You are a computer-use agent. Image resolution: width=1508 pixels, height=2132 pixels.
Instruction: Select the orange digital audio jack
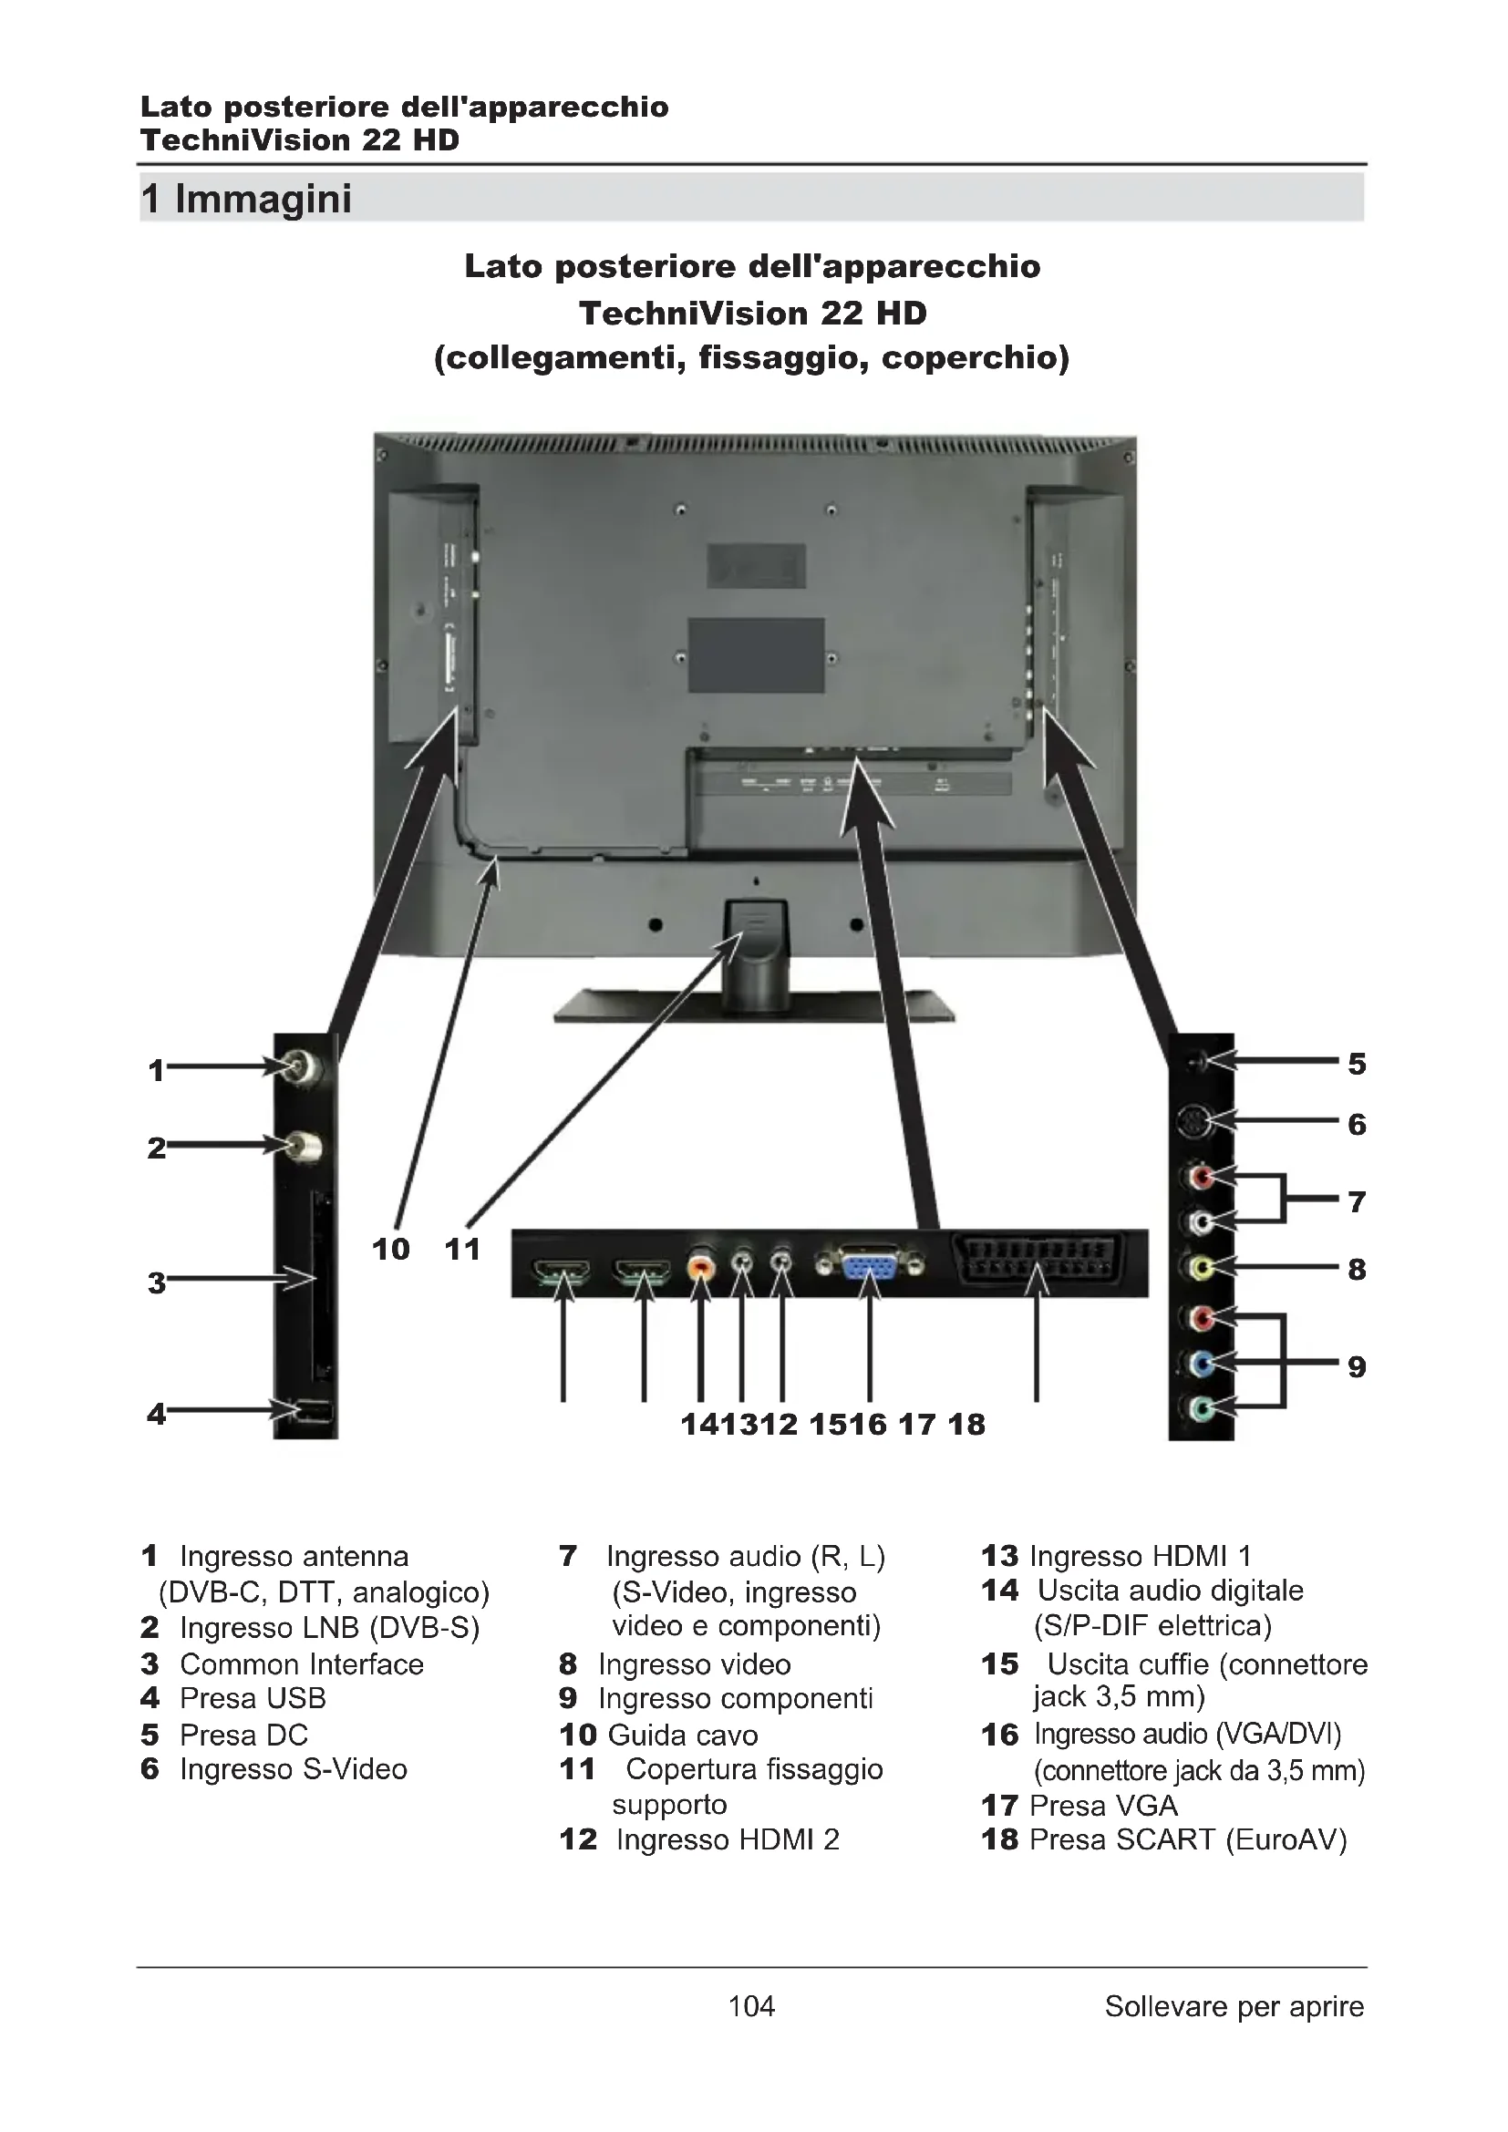[x=701, y=1265]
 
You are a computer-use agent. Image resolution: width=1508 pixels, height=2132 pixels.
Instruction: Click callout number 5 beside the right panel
[x=1357, y=1064]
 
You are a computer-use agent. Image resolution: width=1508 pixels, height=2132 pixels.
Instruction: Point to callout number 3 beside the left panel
[x=156, y=1282]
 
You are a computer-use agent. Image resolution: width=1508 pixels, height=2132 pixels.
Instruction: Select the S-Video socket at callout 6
[x=1193, y=1123]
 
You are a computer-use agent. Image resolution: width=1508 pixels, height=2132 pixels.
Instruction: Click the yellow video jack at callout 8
[x=1201, y=1267]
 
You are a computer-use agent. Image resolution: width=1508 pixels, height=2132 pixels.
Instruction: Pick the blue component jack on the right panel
[x=1201, y=1363]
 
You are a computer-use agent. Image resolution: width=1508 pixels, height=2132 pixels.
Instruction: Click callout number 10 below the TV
[x=391, y=1249]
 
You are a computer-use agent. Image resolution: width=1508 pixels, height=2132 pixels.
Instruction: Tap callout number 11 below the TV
[x=462, y=1249]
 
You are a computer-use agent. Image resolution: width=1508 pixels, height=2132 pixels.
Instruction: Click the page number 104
[x=751, y=2006]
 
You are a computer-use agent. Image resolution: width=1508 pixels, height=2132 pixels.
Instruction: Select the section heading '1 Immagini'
[x=247, y=199]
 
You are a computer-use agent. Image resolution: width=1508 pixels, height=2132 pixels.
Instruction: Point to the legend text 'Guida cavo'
[x=683, y=1735]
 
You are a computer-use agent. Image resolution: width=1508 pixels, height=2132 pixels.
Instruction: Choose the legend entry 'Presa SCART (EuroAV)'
[x=1188, y=1839]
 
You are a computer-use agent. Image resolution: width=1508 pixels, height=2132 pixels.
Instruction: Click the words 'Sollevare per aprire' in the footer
[x=1234, y=2006]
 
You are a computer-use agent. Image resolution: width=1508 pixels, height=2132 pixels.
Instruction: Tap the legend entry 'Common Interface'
[x=302, y=1664]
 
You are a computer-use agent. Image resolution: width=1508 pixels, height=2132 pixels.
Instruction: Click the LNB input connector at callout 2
[x=302, y=1147]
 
